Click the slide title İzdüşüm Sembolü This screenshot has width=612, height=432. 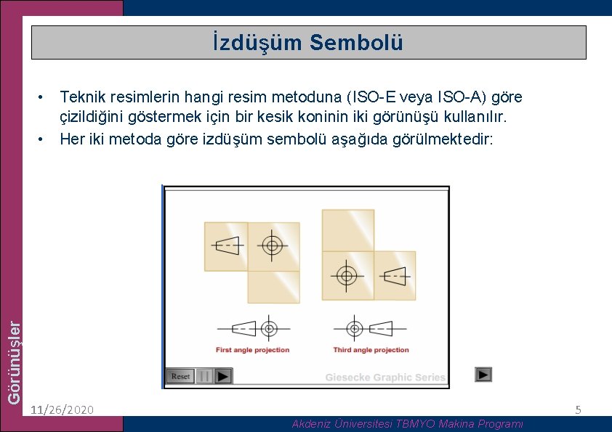(x=308, y=43)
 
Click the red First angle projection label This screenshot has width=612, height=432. (x=252, y=350)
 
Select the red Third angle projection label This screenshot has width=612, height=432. (x=371, y=350)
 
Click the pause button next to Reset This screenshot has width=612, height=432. (x=205, y=376)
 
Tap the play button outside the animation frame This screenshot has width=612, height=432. (x=483, y=375)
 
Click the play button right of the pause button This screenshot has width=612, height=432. (x=223, y=376)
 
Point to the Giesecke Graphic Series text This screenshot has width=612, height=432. (x=384, y=378)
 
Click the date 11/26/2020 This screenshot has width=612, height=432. (x=63, y=410)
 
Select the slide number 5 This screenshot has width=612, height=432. (x=578, y=410)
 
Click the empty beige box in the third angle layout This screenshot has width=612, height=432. (x=347, y=230)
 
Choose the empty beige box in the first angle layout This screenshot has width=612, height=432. (x=273, y=286)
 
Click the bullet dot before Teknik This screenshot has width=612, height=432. (x=44, y=97)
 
